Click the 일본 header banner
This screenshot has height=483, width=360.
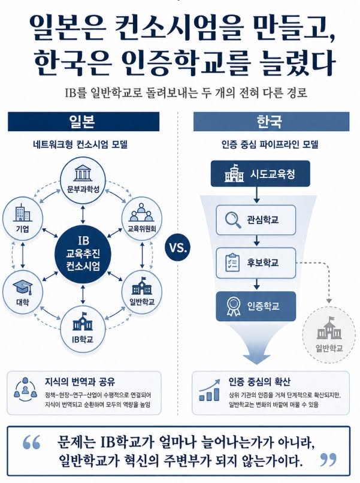click(x=83, y=122)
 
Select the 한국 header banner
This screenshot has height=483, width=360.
click(x=271, y=122)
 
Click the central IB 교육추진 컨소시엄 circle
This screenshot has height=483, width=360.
click(x=83, y=253)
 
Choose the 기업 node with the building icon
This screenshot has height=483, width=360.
click(x=23, y=218)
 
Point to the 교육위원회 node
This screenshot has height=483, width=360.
click(x=142, y=218)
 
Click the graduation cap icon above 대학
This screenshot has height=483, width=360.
click(x=22, y=287)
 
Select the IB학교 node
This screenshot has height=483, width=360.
click(x=83, y=329)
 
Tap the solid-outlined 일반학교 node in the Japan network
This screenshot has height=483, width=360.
click(x=142, y=292)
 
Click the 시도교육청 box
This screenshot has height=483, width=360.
click(x=260, y=174)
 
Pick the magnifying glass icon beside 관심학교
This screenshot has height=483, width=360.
click(x=233, y=220)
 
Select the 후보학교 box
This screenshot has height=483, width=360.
click(x=256, y=262)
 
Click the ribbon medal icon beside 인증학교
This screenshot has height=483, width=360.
click(x=233, y=306)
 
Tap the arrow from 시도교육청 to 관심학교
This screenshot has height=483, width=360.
click(x=257, y=195)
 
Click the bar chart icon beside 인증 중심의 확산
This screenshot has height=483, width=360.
click(x=210, y=390)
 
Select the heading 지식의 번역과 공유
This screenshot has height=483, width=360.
click(x=80, y=382)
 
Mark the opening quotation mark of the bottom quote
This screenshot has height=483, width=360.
click(x=31, y=442)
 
